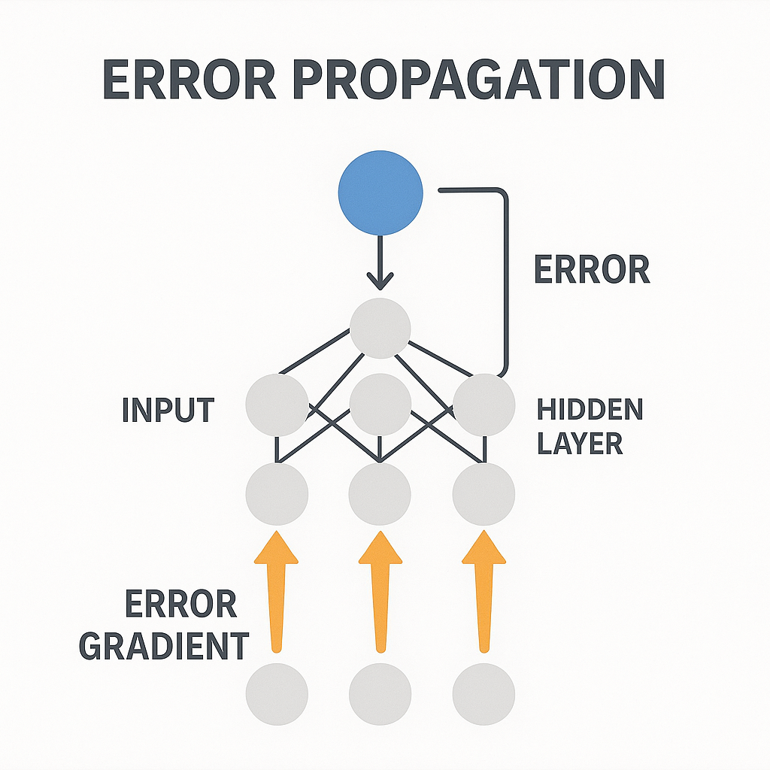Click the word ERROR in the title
pyautogui.click(x=189, y=80)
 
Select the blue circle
pyautogui.click(x=380, y=193)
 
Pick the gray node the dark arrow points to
pyautogui.click(x=380, y=329)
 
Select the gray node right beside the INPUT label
pyautogui.click(x=277, y=405)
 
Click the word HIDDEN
pyautogui.click(x=590, y=411)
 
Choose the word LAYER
pyautogui.click(x=580, y=444)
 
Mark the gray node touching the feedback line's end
pyautogui.click(x=484, y=405)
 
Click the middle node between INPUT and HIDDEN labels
pyautogui.click(x=380, y=405)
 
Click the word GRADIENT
pyautogui.click(x=165, y=645)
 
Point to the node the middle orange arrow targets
pyautogui.click(x=380, y=494)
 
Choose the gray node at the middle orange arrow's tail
pyautogui.click(x=380, y=694)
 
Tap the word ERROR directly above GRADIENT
pyautogui.click(x=180, y=604)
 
